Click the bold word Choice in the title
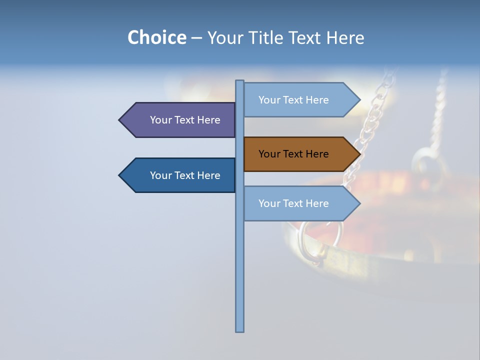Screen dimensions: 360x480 [156, 37]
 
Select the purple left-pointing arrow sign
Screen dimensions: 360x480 [180, 120]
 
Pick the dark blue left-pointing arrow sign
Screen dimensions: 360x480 [180, 175]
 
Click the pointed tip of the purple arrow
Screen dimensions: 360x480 [120, 120]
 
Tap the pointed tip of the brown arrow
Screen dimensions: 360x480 [359, 154]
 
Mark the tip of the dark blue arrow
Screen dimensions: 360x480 [120, 175]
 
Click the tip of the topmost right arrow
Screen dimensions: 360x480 [359, 100]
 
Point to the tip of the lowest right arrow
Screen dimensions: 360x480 [359, 203]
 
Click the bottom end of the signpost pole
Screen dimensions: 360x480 [240, 330]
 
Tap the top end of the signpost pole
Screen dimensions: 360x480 [240, 81]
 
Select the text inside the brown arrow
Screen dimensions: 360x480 [293, 154]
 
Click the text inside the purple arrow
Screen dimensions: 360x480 [185, 120]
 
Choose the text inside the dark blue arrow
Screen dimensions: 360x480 [185, 175]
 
